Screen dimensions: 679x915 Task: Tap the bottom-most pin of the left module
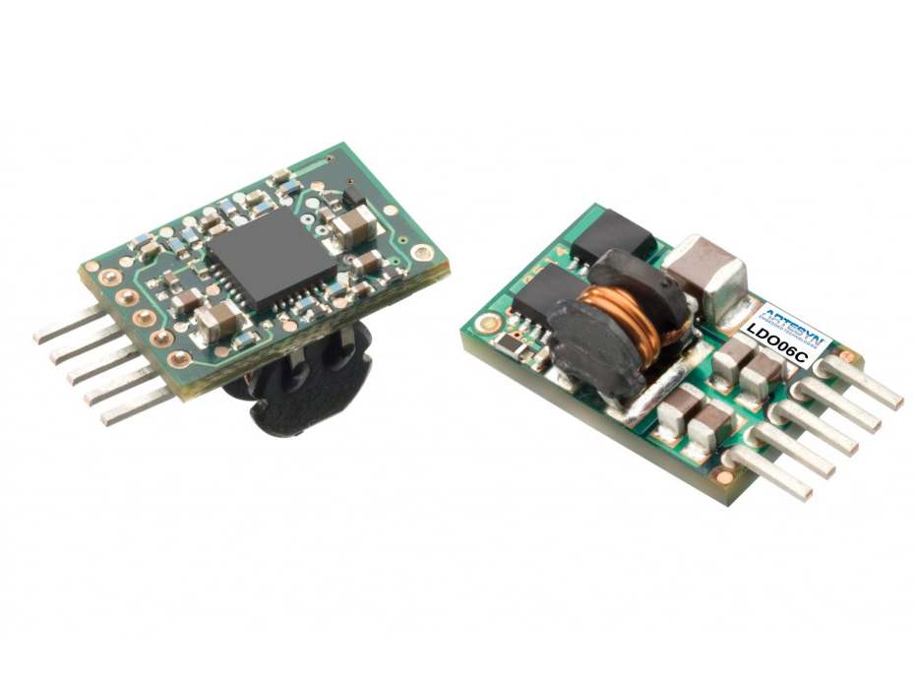[133, 410]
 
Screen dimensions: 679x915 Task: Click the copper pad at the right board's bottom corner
[723, 478]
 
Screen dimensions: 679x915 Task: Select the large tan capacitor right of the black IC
[350, 231]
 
